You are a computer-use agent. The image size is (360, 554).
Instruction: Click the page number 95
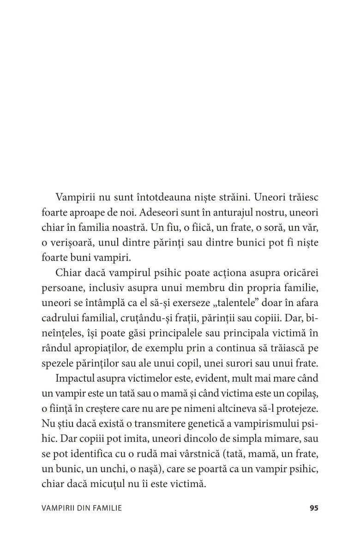pos(314,508)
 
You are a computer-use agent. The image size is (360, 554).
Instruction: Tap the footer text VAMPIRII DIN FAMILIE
pos(81,508)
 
